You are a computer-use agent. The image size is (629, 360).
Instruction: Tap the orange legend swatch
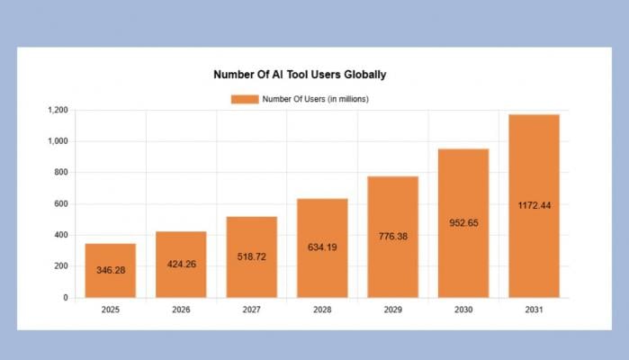(245, 99)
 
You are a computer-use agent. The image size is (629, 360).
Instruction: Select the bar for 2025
(111, 270)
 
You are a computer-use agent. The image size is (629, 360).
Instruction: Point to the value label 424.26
(181, 265)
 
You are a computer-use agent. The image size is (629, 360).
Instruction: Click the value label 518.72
(251, 256)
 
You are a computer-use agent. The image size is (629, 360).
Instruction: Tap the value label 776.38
(392, 236)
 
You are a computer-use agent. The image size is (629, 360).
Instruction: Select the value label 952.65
(463, 221)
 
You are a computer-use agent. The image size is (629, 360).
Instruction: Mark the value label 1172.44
(534, 205)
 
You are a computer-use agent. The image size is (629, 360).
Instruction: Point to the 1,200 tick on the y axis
(58, 110)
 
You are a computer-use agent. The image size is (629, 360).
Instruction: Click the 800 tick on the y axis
(61, 172)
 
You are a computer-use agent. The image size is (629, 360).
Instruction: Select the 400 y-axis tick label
(61, 235)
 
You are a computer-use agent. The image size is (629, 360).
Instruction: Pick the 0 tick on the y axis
(66, 297)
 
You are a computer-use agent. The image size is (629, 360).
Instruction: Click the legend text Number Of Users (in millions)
(315, 99)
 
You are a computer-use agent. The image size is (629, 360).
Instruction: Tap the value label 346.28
(111, 270)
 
